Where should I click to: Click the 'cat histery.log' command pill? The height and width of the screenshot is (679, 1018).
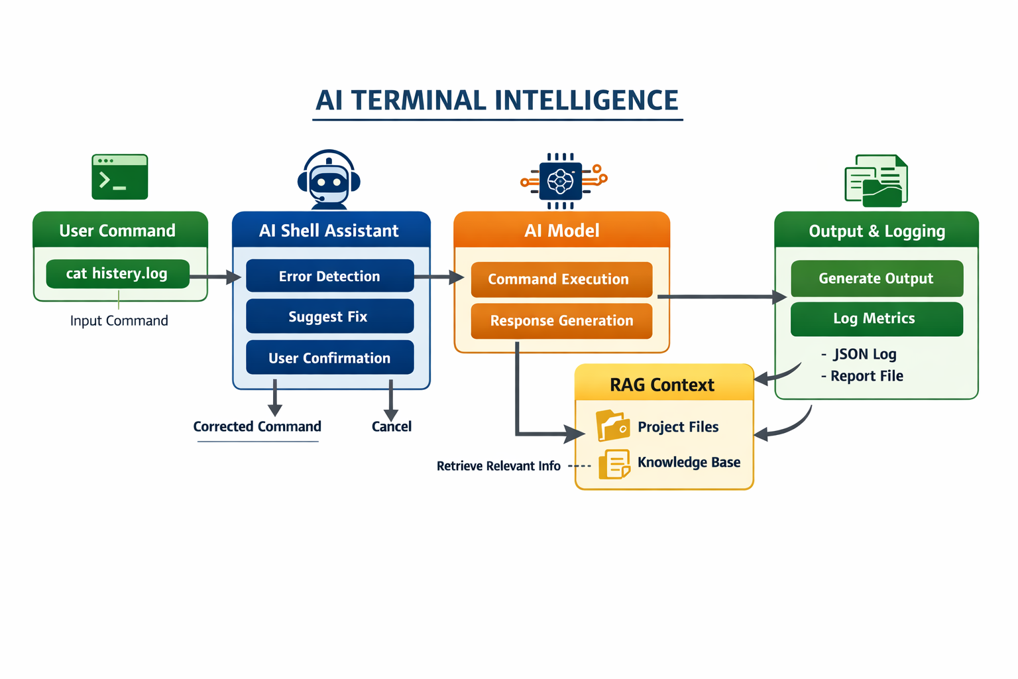tap(117, 274)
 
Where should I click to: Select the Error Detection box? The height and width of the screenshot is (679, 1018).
tap(329, 276)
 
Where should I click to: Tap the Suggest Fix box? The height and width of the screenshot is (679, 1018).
tap(329, 316)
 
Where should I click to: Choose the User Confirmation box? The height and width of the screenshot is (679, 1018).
tap(329, 357)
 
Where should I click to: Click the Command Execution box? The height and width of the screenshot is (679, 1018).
tap(561, 279)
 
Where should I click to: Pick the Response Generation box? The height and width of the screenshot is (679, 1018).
tap(561, 320)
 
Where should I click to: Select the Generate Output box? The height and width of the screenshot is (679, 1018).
tap(876, 278)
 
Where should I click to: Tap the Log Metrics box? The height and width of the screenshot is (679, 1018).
tap(876, 319)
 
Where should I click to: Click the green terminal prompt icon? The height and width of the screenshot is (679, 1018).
tap(120, 177)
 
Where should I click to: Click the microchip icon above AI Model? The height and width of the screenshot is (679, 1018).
tap(562, 181)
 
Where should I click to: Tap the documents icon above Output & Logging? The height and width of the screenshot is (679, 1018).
tap(876, 180)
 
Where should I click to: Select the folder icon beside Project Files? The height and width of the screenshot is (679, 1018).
tap(612, 426)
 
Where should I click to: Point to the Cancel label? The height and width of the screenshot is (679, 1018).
tap(391, 426)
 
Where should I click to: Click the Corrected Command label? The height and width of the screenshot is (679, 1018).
tap(257, 426)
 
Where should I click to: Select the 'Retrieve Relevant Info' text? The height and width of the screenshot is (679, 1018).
tap(498, 466)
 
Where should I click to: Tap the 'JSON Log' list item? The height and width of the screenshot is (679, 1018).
tap(864, 354)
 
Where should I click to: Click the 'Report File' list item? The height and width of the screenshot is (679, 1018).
tap(866, 376)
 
